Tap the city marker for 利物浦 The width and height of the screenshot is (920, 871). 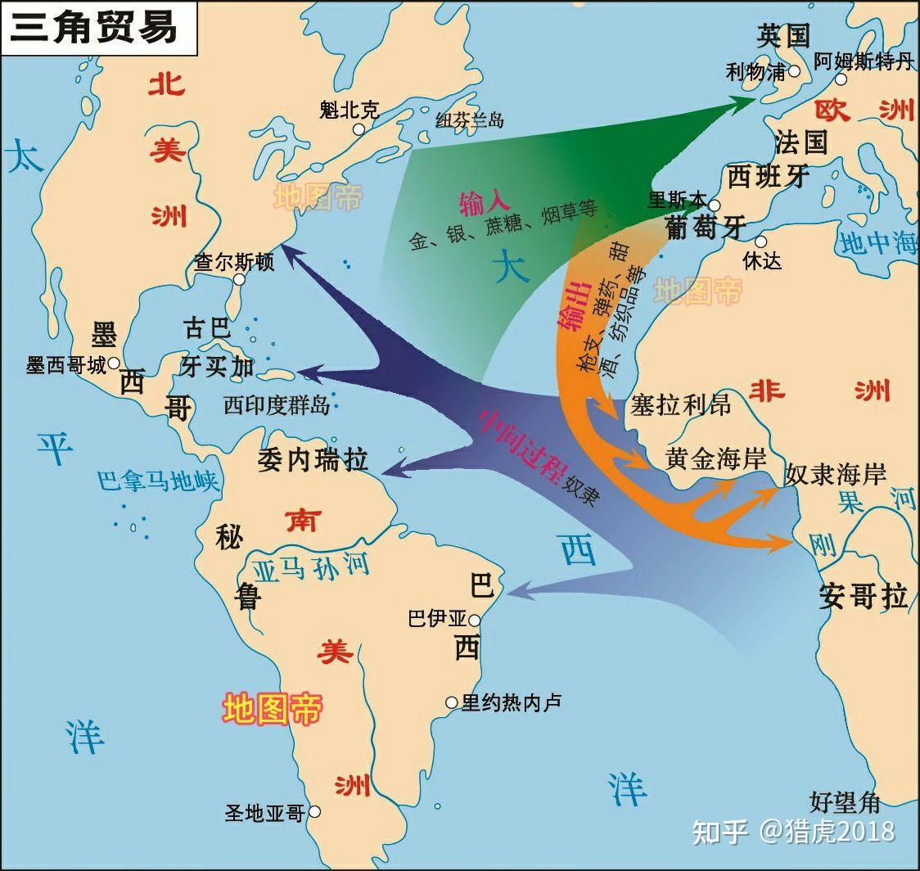coord(794,72)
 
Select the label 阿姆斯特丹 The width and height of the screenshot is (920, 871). coord(863,61)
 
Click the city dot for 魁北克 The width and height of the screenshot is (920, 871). coord(359,129)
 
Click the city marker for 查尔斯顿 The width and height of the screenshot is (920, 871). coord(240,279)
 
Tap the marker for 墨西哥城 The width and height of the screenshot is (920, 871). coord(115,363)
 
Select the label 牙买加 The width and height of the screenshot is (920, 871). coord(218,366)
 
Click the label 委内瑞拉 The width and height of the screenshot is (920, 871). coord(313,459)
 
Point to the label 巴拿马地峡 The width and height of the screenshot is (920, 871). coord(158,480)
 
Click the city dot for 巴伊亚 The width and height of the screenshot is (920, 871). coord(475,621)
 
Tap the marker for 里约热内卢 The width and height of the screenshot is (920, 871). coord(451,702)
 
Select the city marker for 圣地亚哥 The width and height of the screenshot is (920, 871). coord(314,812)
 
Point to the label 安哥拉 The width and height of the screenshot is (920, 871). coord(863,597)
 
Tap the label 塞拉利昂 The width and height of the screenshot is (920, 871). coord(680,404)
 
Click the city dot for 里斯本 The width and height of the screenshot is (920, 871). coord(715,205)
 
